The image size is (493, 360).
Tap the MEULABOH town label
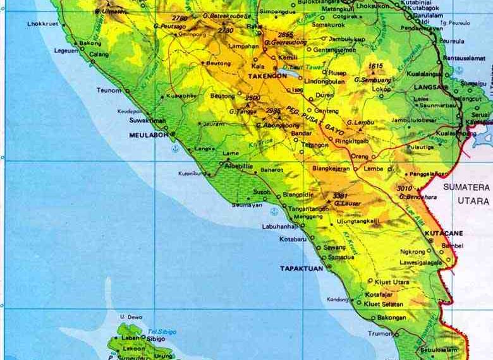pyautogui.click(x=147, y=135)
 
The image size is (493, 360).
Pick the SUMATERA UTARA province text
pyautogui.click(x=468, y=193)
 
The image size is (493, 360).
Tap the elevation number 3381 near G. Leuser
pyautogui.click(x=341, y=195)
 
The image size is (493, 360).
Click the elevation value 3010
pyautogui.click(x=403, y=188)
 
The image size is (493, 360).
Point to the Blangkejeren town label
pyautogui.click(x=331, y=169)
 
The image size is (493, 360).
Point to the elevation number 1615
pyautogui.click(x=376, y=66)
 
